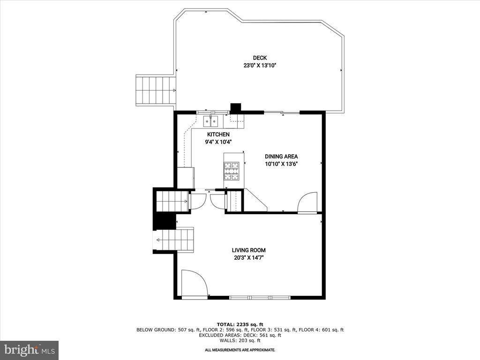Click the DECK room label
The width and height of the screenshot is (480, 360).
tap(260, 58)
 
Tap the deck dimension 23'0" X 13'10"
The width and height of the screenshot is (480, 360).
tap(260, 66)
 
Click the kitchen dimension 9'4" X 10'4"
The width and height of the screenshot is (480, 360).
tap(218, 142)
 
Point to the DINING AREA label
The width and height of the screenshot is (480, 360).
tap(281, 157)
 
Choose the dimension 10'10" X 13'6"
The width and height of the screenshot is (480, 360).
tap(281, 164)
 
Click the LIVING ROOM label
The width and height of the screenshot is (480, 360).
tap(248, 250)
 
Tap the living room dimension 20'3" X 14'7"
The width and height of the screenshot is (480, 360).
tap(248, 258)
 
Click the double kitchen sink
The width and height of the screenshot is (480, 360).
tap(211, 122)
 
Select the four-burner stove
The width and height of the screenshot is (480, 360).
tap(231, 171)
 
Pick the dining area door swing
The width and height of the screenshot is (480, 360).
tap(307, 202)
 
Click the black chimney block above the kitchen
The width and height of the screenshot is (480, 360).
tap(235, 107)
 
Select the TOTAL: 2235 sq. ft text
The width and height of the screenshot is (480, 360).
tap(240, 324)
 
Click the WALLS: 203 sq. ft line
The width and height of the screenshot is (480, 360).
tap(240, 340)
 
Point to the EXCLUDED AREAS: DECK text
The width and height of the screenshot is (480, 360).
tap(240, 335)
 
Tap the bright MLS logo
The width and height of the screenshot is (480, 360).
tap(29, 350)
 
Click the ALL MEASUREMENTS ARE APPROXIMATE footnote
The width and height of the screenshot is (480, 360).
tap(240, 350)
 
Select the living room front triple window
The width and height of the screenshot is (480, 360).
tap(260, 297)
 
